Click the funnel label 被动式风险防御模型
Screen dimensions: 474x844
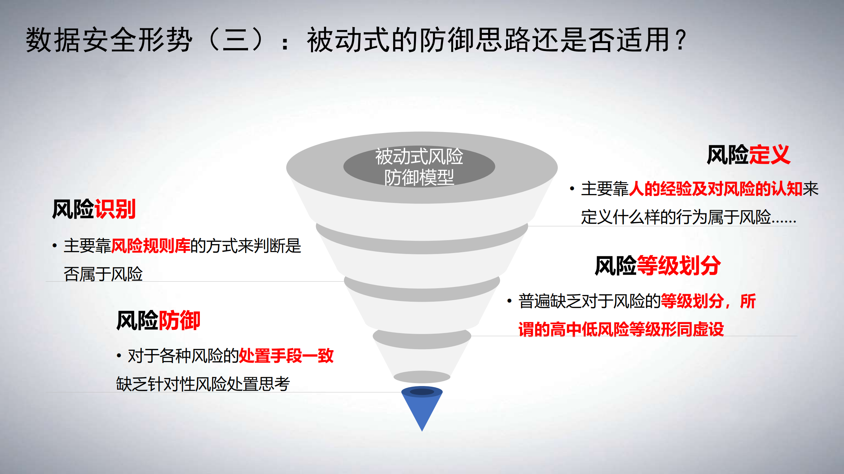419,167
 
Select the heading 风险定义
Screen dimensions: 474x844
748,154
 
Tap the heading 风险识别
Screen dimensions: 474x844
94,209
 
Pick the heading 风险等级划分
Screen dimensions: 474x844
658,265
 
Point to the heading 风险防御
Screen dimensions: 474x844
158,321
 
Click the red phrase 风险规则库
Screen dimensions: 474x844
150,246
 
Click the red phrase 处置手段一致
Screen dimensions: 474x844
286,356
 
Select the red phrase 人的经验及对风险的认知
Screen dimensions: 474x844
715,189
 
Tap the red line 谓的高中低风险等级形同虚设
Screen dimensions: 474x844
621,329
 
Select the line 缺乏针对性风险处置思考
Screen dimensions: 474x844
203,384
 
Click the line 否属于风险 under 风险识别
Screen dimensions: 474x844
103,274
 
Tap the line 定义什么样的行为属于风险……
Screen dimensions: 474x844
688,217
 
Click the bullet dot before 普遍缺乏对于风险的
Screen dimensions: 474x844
510,301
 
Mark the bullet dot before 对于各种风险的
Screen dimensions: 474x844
119,356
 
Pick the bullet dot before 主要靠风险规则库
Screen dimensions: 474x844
55,246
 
